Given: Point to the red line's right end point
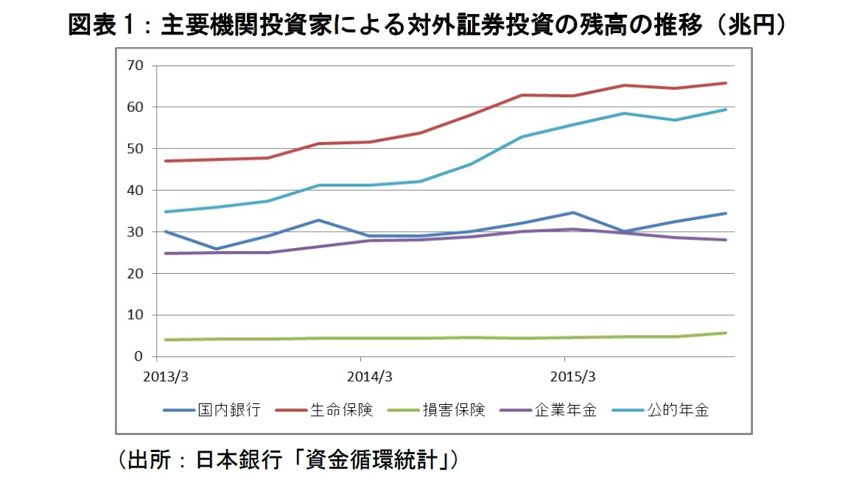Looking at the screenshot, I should (x=726, y=83).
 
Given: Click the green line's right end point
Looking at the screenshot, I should (x=726, y=333).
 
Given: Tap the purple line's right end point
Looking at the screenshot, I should (x=726, y=240).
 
